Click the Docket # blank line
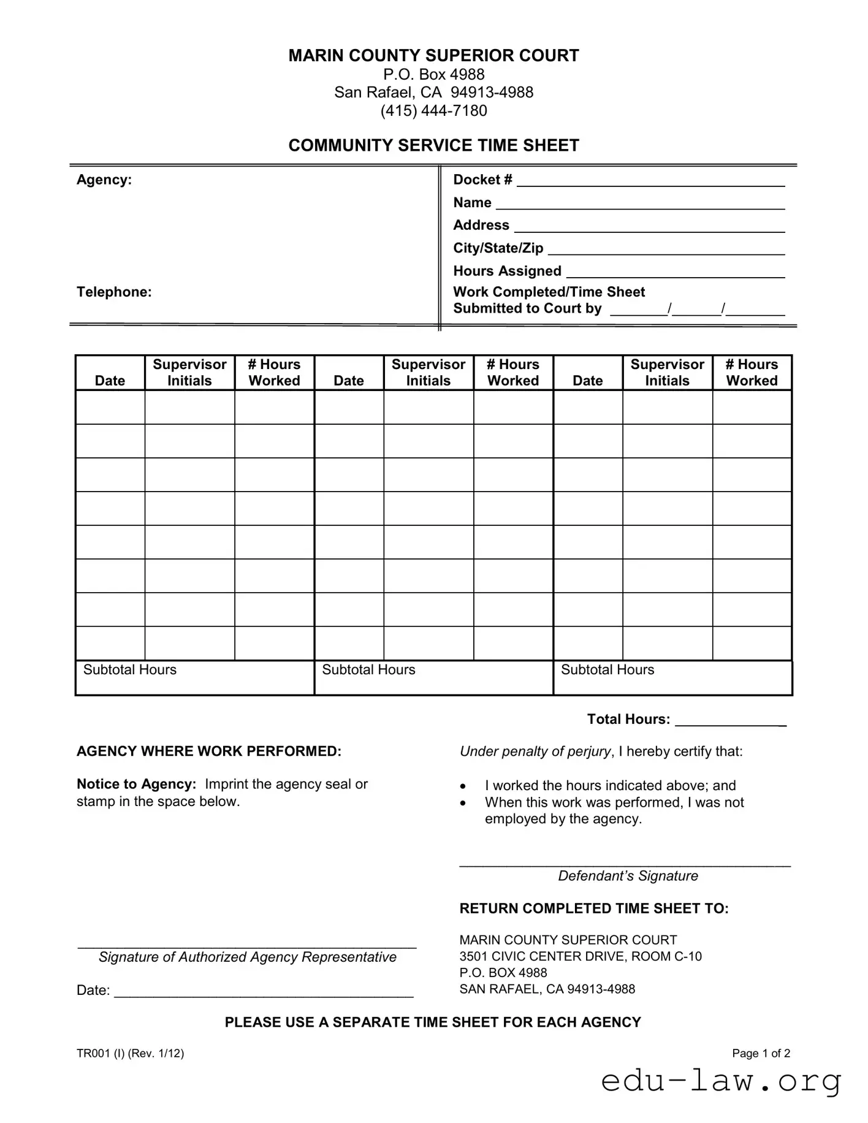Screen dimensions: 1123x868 (x=650, y=183)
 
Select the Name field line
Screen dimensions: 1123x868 (x=640, y=207)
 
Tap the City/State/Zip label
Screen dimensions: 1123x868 (x=498, y=248)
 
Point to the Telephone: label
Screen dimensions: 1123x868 (x=114, y=292)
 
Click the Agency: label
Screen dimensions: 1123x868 (x=104, y=180)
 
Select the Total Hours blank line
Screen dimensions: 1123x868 (x=730, y=723)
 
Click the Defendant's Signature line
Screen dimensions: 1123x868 (x=625, y=864)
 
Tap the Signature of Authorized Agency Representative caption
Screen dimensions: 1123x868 (x=247, y=957)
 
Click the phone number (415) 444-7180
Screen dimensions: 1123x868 (x=433, y=111)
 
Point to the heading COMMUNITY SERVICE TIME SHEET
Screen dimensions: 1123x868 (x=433, y=145)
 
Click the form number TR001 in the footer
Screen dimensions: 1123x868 (x=93, y=1053)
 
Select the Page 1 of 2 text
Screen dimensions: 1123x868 (x=761, y=1053)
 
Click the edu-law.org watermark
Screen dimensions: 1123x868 (x=721, y=1081)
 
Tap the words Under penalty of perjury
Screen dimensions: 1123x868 (x=535, y=752)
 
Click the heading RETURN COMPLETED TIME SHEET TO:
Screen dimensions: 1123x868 (x=593, y=908)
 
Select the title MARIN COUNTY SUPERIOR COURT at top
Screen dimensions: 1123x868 (x=433, y=56)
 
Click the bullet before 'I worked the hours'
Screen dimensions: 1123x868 (x=463, y=786)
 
